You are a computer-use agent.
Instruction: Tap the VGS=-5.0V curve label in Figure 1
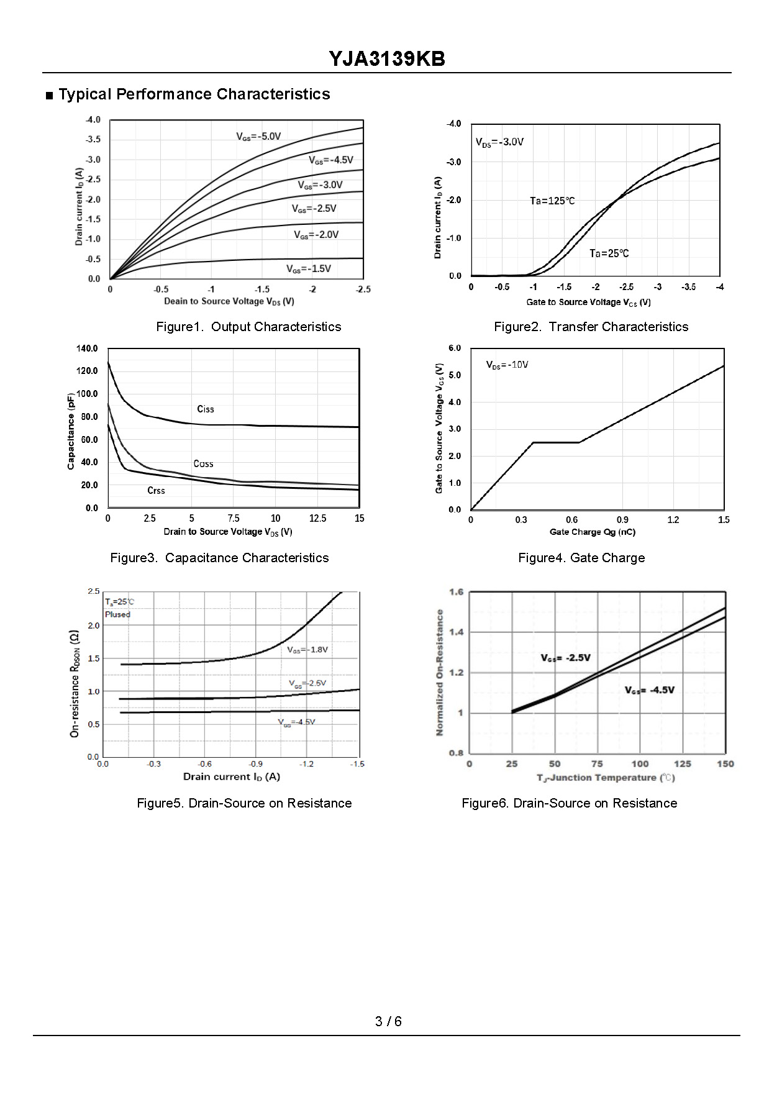(x=258, y=137)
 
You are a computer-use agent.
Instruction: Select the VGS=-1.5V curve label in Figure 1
(x=308, y=269)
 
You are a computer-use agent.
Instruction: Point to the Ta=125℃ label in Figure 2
(x=552, y=201)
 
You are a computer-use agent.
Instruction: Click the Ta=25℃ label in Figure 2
(x=609, y=253)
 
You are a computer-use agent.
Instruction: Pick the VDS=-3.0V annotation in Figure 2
(x=499, y=142)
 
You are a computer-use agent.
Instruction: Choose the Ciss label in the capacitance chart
(x=205, y=409)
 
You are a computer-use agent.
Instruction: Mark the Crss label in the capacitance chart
(x=156, y=491)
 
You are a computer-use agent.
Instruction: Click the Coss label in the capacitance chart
(x=203, y=464)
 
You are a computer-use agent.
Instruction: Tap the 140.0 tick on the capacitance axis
(x=87, y=348)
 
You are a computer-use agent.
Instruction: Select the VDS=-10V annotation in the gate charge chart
(x=507, y=365)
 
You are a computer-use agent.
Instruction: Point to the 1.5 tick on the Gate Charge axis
(x=724, y=520)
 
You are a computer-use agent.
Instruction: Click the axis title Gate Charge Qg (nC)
(x=593, y=532)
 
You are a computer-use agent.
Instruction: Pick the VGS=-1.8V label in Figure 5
(x=307, y=650)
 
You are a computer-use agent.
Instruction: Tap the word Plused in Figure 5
(x=117, y=614)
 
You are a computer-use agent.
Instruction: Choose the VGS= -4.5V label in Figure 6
(x=649, y=690)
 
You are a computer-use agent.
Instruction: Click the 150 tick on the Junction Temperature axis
(x=725, y=764)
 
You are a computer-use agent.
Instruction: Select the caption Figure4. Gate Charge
(x=581, y=558)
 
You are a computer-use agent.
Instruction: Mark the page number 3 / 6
(x=388, y=1021)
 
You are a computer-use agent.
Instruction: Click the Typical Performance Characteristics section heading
(x=194, y=94)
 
